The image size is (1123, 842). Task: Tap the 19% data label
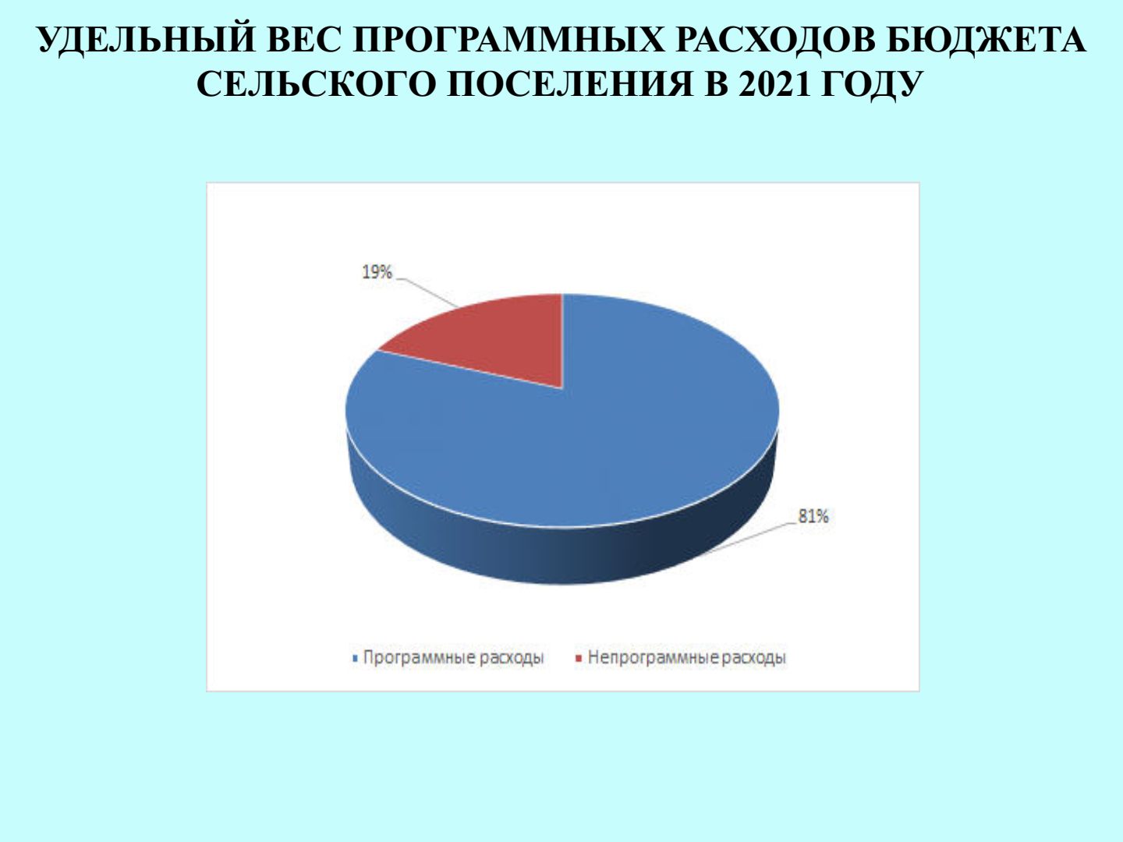click(377, 272)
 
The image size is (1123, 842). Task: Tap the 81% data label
click(813, 516)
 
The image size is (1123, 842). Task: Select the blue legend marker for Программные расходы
click(355, 658)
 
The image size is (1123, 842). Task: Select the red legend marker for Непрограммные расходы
click(579, 658)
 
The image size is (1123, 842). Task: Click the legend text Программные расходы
click(453, 657)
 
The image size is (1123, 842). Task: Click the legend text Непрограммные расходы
click(686, 657)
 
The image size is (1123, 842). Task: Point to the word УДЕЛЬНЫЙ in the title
click(147, 39)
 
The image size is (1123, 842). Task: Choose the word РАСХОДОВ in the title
click(775, 39)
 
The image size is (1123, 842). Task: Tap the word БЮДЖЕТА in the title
click(986, 39)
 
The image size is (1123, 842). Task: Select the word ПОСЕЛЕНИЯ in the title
click(570, 83)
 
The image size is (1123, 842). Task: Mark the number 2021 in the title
click(774, 83)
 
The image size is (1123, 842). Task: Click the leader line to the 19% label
click(427, 292)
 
